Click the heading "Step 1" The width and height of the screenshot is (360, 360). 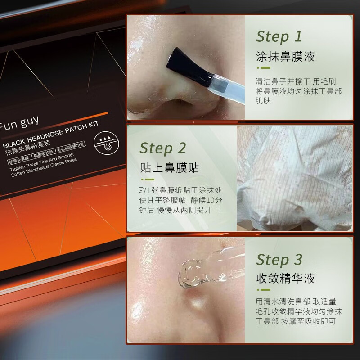pyautogui.click(x=279, y=36)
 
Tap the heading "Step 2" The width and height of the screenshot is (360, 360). pyautogui.click(x=162, y=148)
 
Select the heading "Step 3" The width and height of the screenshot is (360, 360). pyautogui.click(x=279, y=260)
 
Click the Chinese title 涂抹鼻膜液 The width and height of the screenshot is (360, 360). pyautogui.click(x=285, y=57)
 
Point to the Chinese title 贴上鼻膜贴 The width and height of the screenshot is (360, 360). pyautogui.click(x=169, y=168)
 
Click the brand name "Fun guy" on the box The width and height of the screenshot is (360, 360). pyautogui.click(x=20, y=120)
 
